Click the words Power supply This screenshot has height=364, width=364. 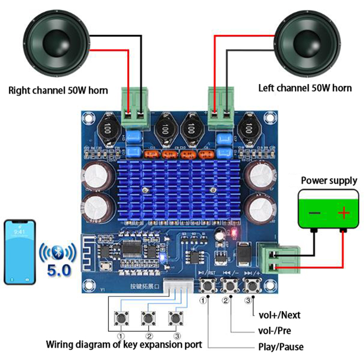pyautogui.click(x=329, y=181)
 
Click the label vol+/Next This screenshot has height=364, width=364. pyautogui.click(x=279, y=315)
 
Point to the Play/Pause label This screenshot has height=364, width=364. pyautogui.click(x=280, y=347)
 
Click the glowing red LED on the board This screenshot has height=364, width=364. pyautogui.click(x=234, y=231)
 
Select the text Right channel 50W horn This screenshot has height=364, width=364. pyautogui.click(x=58, y=90)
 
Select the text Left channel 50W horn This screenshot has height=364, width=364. pyautogui.click(x=305, y=88)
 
